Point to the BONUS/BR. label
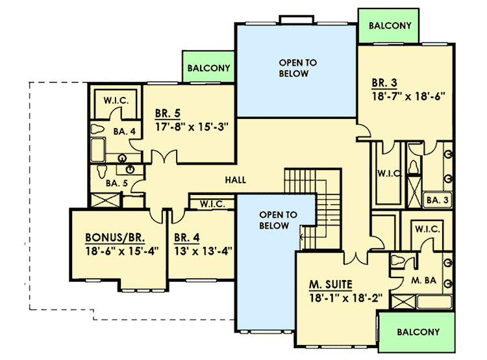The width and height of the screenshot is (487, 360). click(x=114, y=237)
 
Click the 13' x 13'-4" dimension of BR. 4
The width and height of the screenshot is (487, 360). click(x=203, y=250)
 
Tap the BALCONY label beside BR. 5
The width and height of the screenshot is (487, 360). click(x=208, y=68)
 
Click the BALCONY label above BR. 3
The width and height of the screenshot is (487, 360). click(x=390, y=26)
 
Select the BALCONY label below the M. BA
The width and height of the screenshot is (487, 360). click(x=418, y=331)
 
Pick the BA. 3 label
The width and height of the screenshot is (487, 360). click(x=437, y=200)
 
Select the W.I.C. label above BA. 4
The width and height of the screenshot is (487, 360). click(x=116, y=101)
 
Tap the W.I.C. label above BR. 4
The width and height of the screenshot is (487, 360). click(x=212, y=203)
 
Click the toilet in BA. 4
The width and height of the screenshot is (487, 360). click(x=97, y=129)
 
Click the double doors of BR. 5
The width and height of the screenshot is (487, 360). click(x=163, y=158)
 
